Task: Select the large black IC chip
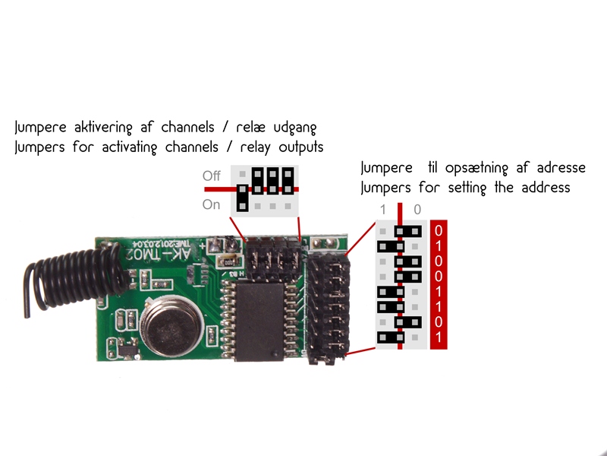[259, 321]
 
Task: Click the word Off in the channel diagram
[212, 176]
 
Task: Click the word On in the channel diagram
[211, 204]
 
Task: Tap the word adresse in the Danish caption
[561, 168]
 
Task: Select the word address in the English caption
[546, 188]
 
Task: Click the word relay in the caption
[255, 147]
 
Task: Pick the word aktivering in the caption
[103, 127]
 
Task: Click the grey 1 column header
[383, 210]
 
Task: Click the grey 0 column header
[417, 210]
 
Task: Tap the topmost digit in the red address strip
[439, 231]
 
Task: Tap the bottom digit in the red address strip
[439, 337]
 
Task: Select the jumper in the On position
[242, 198]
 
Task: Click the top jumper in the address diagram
[408, 232]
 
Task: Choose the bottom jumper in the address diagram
[391, 337]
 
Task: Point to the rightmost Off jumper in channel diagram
[288, 181]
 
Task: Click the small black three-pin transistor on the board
[127, 349]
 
